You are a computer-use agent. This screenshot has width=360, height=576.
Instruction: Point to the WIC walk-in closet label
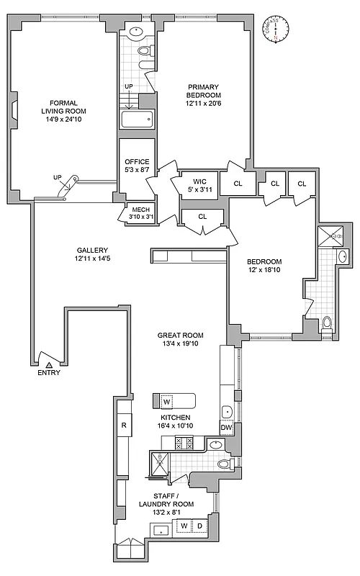pyautogui.click(x=199, y=182)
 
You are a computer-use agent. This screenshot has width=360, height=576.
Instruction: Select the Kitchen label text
pyautogui.click(x=175, y=418)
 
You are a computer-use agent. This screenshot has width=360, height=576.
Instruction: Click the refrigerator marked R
pyautogui.click(x=124, y=426)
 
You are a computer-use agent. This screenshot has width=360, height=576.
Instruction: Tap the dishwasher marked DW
pyautogui.click(x=225, y=428)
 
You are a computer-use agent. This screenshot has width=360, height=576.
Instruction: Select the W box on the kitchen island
pyautogui.click(x=166, y=401)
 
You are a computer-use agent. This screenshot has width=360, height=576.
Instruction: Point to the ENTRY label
pyautogui.click(x=49, y=373)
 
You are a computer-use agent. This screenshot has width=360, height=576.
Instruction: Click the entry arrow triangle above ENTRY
pyautogui.click(x=49, y=364)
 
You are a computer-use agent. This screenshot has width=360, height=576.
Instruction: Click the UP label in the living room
pyautogui.click(x=56, y=177)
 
